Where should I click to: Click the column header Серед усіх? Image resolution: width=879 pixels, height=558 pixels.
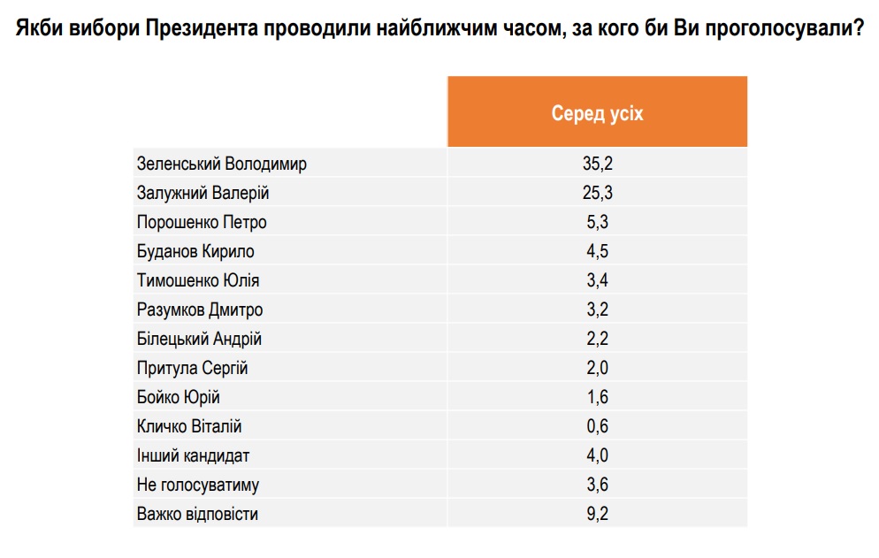[x=597, y=114]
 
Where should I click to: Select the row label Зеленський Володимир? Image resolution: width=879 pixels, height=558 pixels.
[x=222, y=164]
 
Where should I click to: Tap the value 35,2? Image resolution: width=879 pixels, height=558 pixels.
[x=597, y=164]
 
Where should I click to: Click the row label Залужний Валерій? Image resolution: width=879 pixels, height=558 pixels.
[x=203, y=193]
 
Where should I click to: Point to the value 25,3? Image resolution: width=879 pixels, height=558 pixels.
[x=597, y=193]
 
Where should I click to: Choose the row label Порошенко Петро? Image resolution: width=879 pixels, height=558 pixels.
[x=202, y=222]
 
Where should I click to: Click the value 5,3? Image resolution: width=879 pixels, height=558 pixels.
[x=597, y=222]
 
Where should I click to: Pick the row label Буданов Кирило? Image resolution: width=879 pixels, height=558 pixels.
[x=195, y=251]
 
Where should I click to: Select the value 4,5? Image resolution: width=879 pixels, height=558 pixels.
[x=597, y=251]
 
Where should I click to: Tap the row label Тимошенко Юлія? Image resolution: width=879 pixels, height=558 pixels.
[x=198, y=280]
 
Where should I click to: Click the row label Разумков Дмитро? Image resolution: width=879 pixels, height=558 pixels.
[x=200, y=310]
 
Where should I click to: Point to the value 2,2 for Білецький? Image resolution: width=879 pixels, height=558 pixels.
[x=597, y=339]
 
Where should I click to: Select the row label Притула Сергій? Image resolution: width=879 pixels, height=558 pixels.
[x=192, y=368]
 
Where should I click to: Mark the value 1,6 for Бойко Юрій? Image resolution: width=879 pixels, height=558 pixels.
[x=597, y=397]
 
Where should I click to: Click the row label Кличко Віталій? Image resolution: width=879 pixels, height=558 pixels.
[x=189, y=426]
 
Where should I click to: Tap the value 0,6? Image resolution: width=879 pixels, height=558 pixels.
[x=597, y=426]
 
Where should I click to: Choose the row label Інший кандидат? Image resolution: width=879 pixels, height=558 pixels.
[x=193, y=455]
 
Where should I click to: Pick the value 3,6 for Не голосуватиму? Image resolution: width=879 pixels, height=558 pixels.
[x=597, y=485]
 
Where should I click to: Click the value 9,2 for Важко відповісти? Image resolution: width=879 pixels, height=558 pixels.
[x=597, y=514]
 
